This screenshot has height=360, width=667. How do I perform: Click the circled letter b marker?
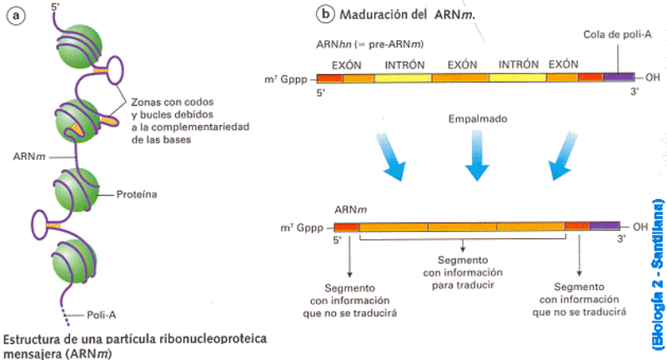(323, 14)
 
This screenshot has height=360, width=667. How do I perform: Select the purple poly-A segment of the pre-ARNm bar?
(618, 77)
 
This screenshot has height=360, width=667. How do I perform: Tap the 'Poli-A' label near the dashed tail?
(103, 315)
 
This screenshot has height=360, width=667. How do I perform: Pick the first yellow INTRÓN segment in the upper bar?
(403, 77)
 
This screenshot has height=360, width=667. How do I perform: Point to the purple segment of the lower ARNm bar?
(604, 226)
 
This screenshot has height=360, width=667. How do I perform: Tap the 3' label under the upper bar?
(632, 93)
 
